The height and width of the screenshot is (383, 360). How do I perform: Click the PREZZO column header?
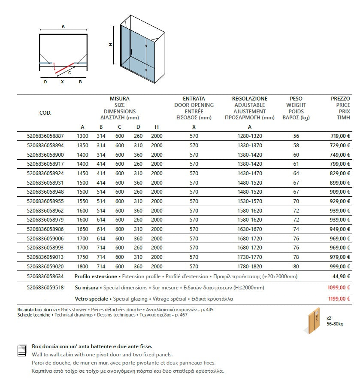pyautogui.click(x=341, y=99)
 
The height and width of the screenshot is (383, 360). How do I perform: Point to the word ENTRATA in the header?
pyautogui.click(x=194, y=99)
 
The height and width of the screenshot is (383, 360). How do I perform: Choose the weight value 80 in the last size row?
pyautogui.click(x=296, y=266)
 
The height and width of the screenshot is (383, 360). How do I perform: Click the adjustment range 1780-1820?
pyautogui.click(x=250, y=266)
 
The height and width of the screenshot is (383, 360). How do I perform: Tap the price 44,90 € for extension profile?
pyautogui.click(x=342, y=277)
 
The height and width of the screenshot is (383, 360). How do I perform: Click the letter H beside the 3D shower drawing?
pyautogui.click(x=110, y=44)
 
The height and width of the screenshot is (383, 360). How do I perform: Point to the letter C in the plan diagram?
pyautogui.click(x=70, y=73)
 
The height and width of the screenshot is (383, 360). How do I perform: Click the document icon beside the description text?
pyautogui.click(x=21, y=351)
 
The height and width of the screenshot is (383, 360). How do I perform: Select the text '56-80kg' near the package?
pyautogui.click(x=335, y=324)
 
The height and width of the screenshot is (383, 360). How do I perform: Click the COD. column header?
pyautogui.click(x=45, y=113)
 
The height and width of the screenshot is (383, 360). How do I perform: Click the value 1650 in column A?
pyautogui.click(x=82, y=229)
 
